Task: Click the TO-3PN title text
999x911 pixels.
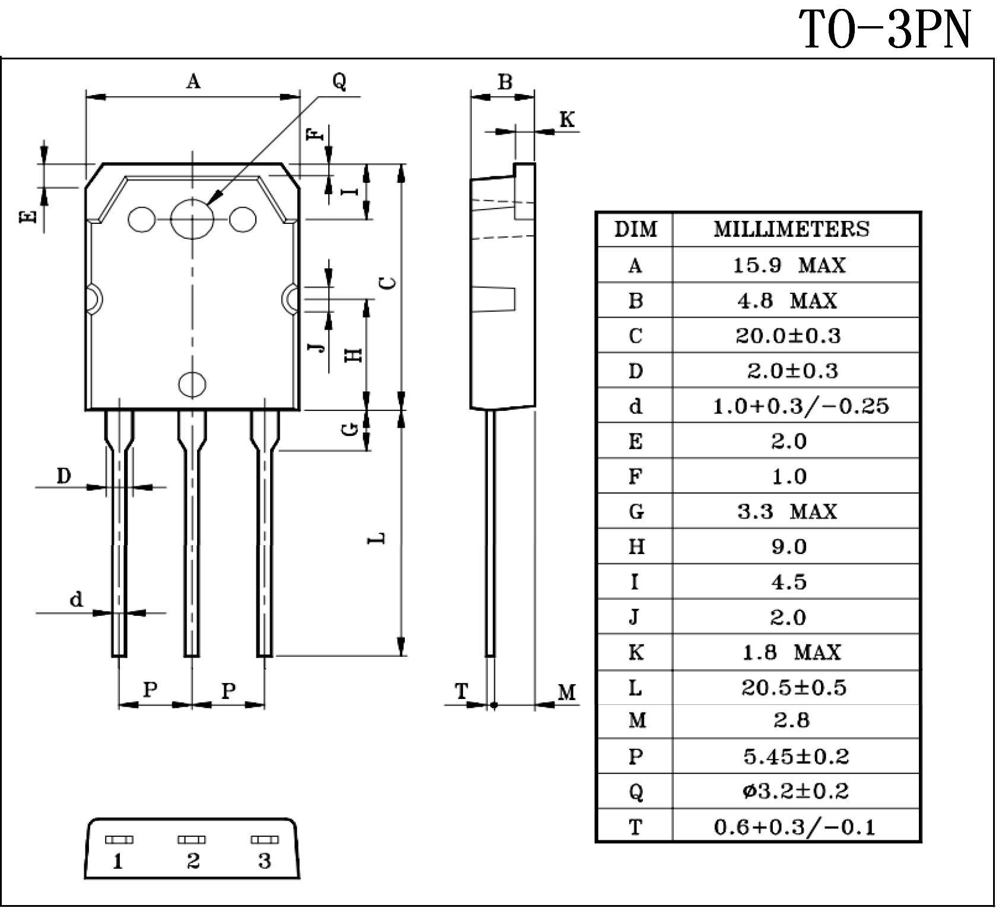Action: click(x=885, y=30)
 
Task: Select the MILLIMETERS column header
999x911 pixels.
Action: click(x=791, y=229)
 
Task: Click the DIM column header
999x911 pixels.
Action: click(x=635, y=229)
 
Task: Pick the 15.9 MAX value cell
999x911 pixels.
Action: click(x=789, y=265)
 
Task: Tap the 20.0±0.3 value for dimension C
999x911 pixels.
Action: click(x=788, y=336)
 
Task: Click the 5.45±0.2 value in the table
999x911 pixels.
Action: click(x=796, y=756)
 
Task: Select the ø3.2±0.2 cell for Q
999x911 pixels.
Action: click(x=795, y=791)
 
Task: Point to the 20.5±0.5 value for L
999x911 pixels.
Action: click(x=794, y=687)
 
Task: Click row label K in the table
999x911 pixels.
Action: click(x=636, y=652)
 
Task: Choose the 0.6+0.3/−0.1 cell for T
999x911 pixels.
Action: click(x=795, y=827)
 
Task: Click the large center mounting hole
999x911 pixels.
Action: click(x=192, y=218)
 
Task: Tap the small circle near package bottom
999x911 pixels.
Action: click(x=192, y=384)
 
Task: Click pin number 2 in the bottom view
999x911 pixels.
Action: click(x=193, y=861)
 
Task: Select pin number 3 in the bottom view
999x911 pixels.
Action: click(x=265, y=861)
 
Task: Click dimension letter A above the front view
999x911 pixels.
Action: click(x=194, y=81)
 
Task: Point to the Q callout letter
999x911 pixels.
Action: click(x=339, y=80)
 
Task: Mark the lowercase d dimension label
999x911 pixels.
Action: click(x=76, y=599)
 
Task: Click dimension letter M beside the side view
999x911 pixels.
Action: click(x=567, y=692)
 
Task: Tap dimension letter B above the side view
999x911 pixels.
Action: click(x=505, y=82)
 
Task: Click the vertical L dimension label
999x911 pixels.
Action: click(x=377, y=538)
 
